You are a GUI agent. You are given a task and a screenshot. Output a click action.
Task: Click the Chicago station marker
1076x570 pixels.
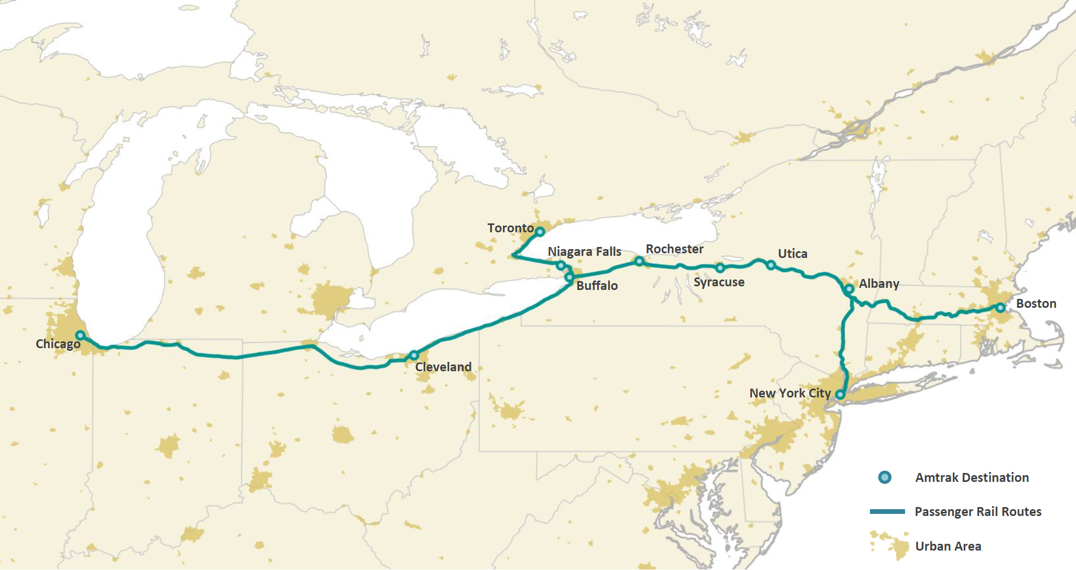point(80,335)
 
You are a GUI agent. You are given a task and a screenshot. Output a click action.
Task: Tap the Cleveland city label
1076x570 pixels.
point(443,367)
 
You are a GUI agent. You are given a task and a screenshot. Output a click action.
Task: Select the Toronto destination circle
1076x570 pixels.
point(540,231)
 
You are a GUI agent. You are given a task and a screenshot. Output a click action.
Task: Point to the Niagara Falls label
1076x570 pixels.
point(584,252)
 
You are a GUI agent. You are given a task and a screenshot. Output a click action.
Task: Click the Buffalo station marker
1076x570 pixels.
point(569,277)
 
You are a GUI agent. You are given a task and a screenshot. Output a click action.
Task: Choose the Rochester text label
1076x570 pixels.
point(674,249)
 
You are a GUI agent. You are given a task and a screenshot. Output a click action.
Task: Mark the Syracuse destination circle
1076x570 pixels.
point(720,268)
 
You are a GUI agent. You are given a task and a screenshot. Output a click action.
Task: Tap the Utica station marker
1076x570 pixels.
point(771,265)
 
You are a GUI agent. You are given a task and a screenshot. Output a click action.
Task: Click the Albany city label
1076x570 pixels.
point(879,284)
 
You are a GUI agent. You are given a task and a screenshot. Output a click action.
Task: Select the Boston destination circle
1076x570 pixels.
point(1000,308)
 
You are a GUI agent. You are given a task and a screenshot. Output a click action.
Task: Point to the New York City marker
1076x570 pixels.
point(840,394)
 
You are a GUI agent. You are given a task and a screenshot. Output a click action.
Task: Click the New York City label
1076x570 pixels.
point(790,393)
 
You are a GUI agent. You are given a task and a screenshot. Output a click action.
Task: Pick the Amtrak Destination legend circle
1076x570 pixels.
point(885,478)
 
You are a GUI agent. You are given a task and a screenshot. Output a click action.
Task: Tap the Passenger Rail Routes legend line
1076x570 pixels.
point(887,511)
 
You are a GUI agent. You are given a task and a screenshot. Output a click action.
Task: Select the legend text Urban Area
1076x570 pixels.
point(948,546)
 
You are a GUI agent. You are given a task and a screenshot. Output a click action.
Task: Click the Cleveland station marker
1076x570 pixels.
point(414,355)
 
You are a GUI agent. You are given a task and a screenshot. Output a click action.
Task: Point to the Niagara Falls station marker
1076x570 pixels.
point(561,265)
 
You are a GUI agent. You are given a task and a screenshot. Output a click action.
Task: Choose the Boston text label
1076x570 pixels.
point(1036,304)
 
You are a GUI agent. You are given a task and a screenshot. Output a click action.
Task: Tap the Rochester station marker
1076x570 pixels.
point(639,261)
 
